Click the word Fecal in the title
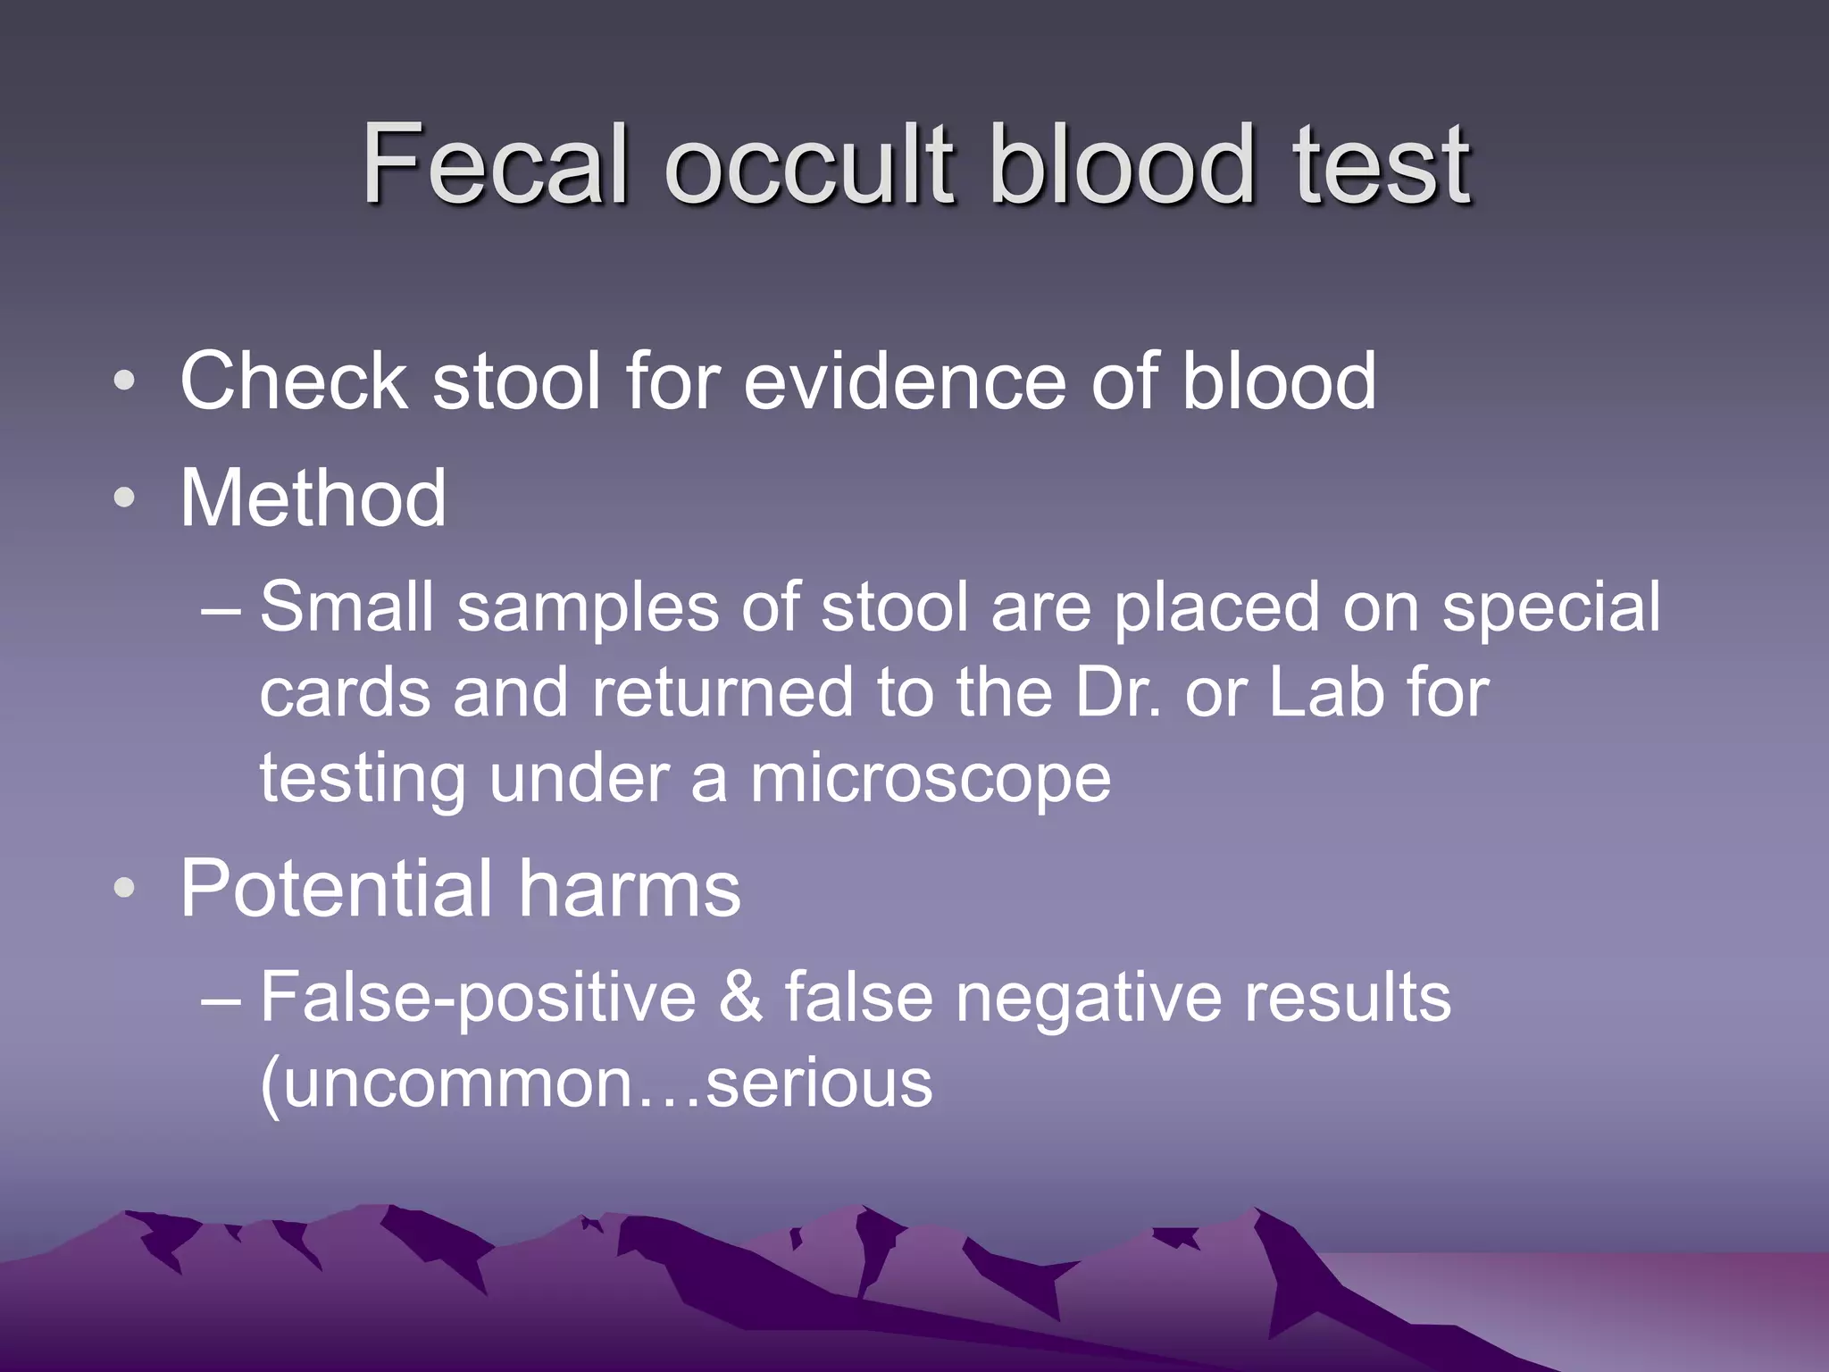[496, 165]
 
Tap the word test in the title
[1381, 165]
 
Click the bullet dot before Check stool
[125, 381]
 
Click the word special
[1551, 608]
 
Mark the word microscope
[930, 779]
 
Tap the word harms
[630, 889]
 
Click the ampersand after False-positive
[739, 998]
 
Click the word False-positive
[478, 998]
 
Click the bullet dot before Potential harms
[125, 889]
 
